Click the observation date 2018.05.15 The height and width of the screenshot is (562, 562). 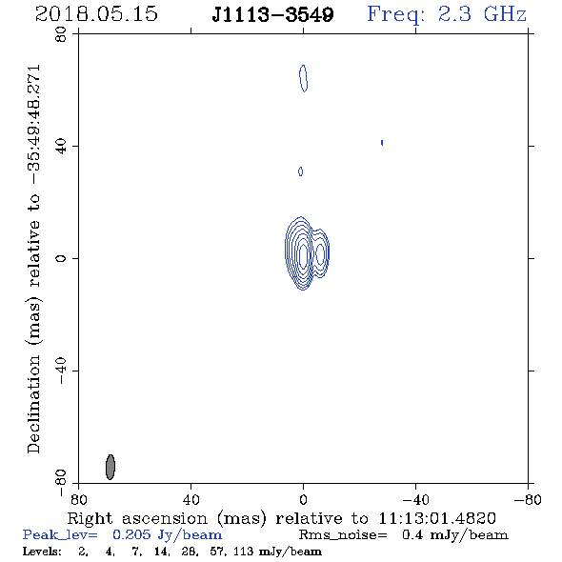click(x=96, y=14)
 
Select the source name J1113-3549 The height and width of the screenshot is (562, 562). click(x=272, y=15)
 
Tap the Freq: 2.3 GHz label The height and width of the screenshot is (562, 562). click(x=447, y=15)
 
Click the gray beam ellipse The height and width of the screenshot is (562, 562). click(x=110, y=467)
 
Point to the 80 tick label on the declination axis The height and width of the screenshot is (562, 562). click(x=61, y=34)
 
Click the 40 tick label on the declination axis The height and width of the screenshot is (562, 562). click(x=61, y=147)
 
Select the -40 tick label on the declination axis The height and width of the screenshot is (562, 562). click(x=61, y=371)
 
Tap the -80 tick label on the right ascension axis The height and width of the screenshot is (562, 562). click(x=528, y=499)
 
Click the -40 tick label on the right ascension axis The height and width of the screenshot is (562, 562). click(x=415, y=499)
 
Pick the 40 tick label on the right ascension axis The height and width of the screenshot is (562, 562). click(x=191, y=499)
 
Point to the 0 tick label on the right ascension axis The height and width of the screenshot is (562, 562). click(x=303, y=499)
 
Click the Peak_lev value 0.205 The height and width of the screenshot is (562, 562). click(x=131, y=534)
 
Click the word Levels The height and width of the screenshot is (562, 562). click(x=42, y=551)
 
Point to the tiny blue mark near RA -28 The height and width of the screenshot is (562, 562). click(x=382, y=143)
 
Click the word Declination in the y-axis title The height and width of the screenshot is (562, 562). click(x=33, y=404)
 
